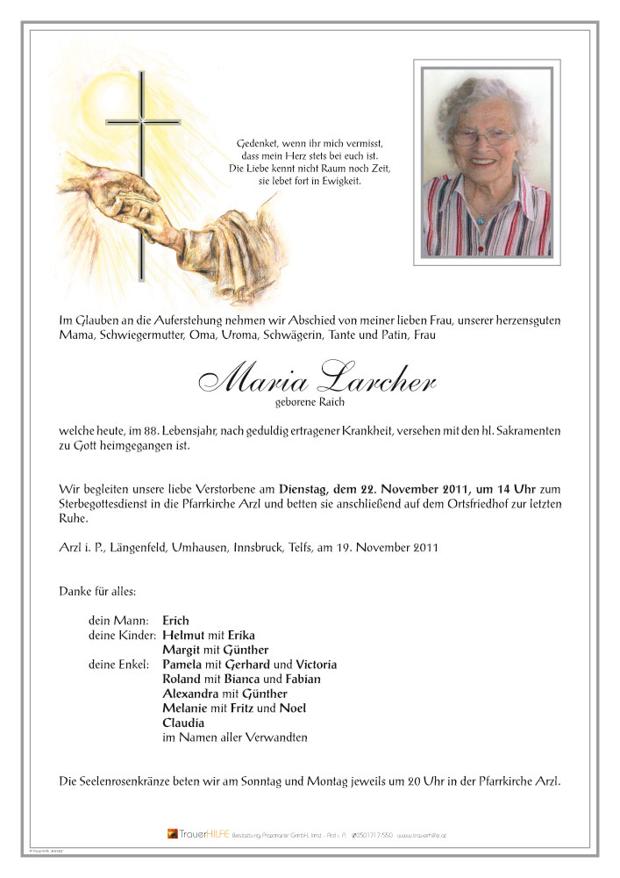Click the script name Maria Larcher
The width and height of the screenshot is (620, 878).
(317, 378)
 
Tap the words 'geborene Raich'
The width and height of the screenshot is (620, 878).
(310, 402)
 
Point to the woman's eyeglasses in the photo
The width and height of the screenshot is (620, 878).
(483, 137)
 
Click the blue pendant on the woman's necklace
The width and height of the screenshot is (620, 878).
(480, 220)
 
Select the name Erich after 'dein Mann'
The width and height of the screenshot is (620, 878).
(176, 620)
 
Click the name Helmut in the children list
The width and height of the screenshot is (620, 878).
(182, 635)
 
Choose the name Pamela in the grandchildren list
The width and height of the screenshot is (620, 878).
(183, 665)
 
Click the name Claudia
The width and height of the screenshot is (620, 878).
(183, 723)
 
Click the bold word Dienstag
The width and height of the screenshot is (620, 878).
(305, 489)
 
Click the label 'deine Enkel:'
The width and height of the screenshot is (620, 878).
(121, 665)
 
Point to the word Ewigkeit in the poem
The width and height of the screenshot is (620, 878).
(339, 181)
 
